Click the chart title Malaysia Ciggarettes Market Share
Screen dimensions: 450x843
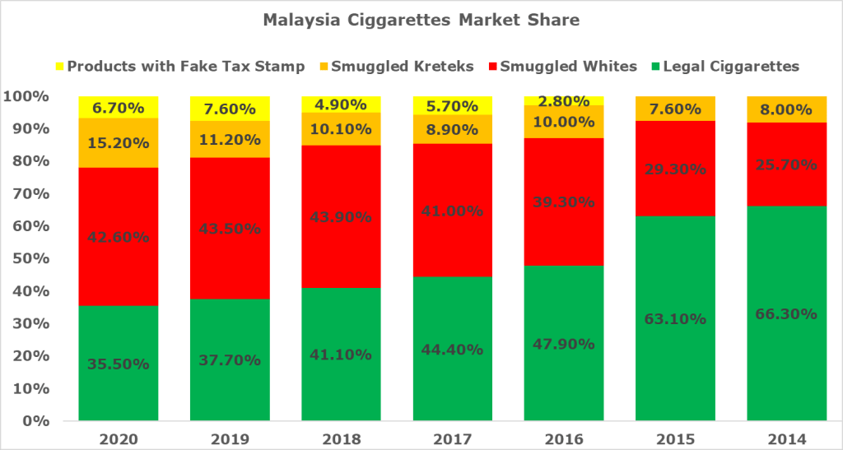tap(421, 21)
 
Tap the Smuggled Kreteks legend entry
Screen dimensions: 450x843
tap(408, 67)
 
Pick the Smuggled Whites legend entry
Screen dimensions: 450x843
tap(559, 67)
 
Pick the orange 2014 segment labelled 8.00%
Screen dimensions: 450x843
tap(786, 109)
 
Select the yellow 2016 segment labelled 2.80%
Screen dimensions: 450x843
tap(564, 100)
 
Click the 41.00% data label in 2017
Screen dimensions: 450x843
tap(452, 211)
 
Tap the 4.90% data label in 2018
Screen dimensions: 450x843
tap(341, 104)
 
